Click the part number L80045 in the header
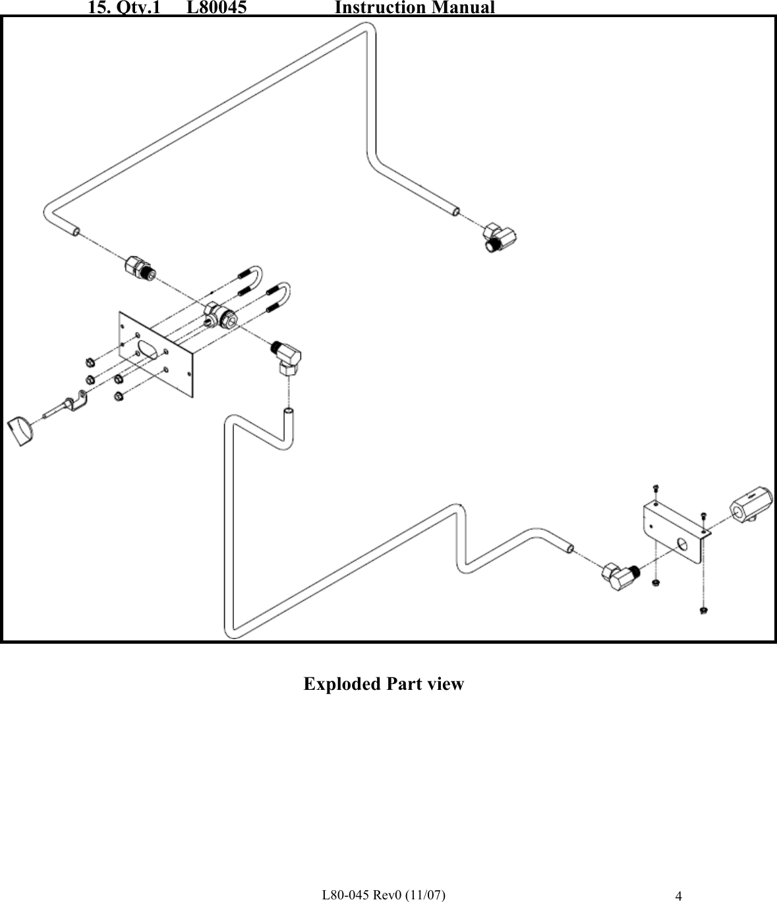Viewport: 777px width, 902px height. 217,8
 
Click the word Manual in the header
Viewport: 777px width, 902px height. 461,8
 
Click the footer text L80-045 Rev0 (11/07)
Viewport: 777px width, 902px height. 382,894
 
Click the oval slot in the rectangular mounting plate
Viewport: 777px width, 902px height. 150,349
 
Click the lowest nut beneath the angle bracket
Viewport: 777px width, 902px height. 703,611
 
